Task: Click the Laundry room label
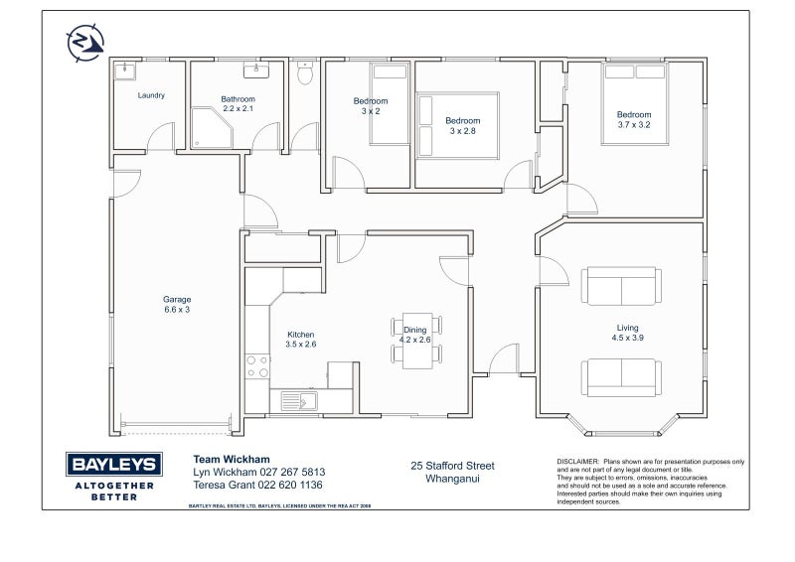click(151, 95)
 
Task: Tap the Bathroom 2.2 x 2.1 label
click(238, 103)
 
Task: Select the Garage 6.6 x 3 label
click(177, 304)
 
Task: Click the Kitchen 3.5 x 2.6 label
click(300, 340)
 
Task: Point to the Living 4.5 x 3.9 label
click(627, 333)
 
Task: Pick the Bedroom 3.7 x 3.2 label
click(633, 119)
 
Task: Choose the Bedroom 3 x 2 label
click(370, 106)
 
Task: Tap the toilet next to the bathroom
click(306, 73)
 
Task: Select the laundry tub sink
click(125, 71)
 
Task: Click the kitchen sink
click(297, 401)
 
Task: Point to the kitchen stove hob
click(257, 366)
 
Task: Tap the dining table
click(415, 342)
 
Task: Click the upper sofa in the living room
click(622, 286)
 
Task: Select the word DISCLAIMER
click(576, 462)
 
